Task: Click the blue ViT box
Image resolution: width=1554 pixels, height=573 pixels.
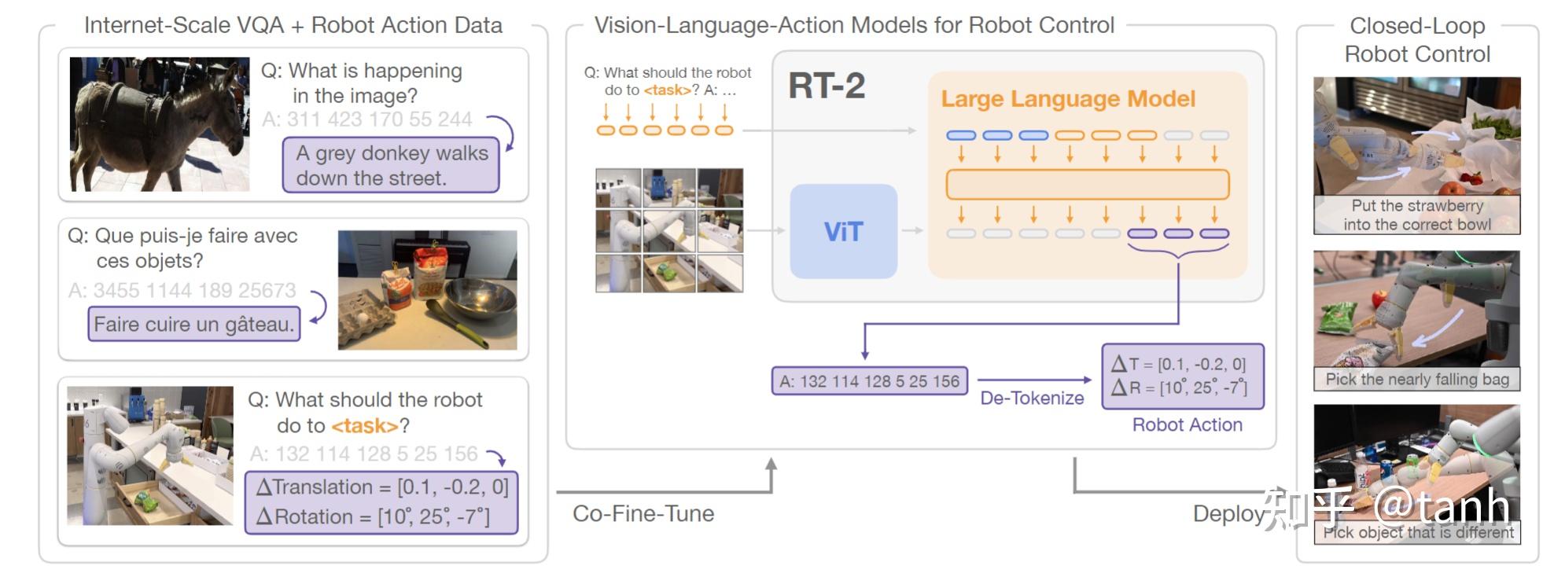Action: pos(843,231)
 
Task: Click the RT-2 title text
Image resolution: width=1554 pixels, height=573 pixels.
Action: pos(827,86)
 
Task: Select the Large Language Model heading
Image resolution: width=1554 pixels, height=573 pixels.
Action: pos(1067,99)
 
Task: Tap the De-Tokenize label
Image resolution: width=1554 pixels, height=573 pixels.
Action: pos(1032,399)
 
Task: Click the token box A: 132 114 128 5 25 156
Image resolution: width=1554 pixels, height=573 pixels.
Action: pos(869,381)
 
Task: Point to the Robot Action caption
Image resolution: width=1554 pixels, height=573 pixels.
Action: pos(1187,425)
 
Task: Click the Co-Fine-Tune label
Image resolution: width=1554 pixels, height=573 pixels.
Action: pos(643,514)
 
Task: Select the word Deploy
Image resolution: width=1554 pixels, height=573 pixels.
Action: pos(1228,514)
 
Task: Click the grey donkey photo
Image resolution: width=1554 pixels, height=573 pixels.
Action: pos(159,124)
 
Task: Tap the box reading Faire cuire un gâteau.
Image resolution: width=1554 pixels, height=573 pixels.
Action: pos(193,324)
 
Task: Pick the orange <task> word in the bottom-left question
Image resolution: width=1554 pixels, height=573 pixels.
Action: pos(365,426)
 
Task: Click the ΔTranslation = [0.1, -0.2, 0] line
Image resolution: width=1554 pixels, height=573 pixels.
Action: pos(382,487)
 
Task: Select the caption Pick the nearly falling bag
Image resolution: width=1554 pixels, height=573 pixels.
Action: pos(1417,380)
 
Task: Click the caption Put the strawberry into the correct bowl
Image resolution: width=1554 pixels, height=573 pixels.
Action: pos(1417,215)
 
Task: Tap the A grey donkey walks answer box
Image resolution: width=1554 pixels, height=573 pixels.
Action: pos(391,165)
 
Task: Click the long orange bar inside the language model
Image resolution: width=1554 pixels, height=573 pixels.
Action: pos(1087,185)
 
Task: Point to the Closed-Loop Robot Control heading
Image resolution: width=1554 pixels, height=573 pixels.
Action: pos(1417,40)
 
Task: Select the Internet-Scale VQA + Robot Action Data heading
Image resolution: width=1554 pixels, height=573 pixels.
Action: pos(293,26)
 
